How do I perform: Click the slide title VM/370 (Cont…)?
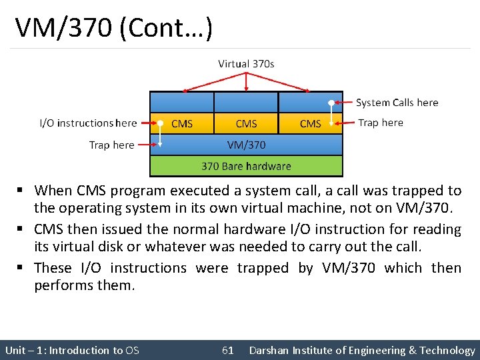(x=113, y=28)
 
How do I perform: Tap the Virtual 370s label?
(x=246, y=64)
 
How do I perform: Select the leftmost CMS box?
(x=181, y=123)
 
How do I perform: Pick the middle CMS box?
(x=246, y=123)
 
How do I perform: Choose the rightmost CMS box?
(x=310, y=123)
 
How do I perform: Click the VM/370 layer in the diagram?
(x=246, y=145)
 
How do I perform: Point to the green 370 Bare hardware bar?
(x=246, y=166)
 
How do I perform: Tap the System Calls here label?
(x=397, y=103)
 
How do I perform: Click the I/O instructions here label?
(x=88, y=123)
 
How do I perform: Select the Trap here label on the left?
(x=111, y=145)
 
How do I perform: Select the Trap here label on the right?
(x=380, y=123)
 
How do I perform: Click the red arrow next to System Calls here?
(x=344, y=103)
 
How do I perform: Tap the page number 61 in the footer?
(x=227, y=350)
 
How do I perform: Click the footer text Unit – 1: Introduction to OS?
(x=72, y=350)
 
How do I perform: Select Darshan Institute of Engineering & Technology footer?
(x=361, y=350)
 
